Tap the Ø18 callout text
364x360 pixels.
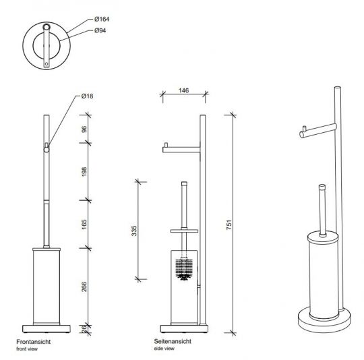click(86, 96)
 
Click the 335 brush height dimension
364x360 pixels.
click(134, 231)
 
